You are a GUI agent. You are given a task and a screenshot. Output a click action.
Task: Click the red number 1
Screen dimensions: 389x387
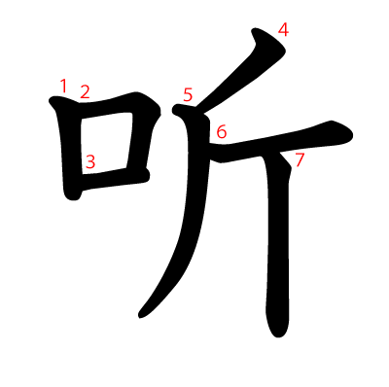(63, 86)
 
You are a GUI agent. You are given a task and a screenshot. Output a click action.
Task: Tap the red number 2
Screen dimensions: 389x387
(85, 91)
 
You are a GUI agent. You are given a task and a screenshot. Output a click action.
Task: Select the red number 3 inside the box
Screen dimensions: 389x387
(90, 161)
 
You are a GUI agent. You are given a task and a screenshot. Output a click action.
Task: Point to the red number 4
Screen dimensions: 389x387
(283, 31)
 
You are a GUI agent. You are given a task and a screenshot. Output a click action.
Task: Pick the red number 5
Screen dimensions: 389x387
(188, 95)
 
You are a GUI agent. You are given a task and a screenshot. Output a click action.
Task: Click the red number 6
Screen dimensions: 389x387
(222, 132)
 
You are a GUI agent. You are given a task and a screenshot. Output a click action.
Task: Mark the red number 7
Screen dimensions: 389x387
(300, 160)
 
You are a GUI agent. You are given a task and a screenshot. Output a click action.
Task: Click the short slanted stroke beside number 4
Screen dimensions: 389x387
(240, 70)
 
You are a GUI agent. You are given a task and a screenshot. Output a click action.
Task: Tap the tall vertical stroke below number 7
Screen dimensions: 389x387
(278, 246)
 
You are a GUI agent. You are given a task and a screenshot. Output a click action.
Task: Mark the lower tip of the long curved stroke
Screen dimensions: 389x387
(140, 316)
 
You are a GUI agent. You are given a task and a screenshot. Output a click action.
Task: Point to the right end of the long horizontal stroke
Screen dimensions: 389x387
(352, 135)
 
